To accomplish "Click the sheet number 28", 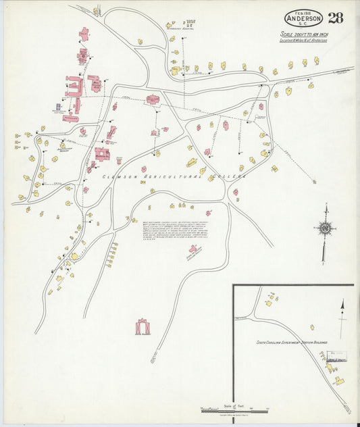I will [336, 18].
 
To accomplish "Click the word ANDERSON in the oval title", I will [303, 18].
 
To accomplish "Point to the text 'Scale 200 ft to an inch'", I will [304, 34].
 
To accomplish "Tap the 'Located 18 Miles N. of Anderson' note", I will [304, 41].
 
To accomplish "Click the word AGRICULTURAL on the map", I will [168, 176].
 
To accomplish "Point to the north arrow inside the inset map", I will [342, 318].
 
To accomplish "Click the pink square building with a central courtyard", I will [102, 153].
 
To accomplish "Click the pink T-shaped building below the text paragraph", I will [195, 251].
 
